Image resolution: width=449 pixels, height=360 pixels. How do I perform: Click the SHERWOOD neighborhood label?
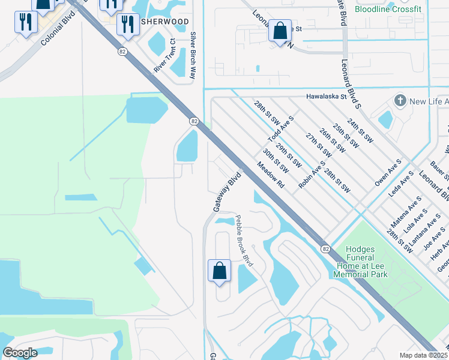click(165, 21)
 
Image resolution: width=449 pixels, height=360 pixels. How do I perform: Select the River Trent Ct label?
click(164, 56)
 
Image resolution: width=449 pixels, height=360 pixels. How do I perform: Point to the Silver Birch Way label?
click(193, 56)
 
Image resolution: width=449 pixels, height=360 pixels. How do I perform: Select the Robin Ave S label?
click(312, 175)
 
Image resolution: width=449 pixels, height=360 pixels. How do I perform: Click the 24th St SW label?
click(360, 130)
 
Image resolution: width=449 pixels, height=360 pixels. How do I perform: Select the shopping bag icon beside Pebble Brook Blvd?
click(220, 271)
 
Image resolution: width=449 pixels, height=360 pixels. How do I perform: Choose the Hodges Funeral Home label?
click(360, 262)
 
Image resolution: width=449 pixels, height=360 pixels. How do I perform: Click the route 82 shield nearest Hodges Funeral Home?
click(325, 248)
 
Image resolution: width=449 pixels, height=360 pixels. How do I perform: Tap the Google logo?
click(20, 353)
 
